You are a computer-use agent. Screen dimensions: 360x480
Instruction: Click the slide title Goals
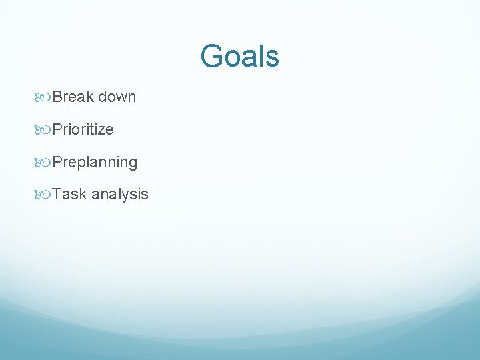239,56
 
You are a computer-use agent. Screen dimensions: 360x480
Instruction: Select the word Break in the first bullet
73,97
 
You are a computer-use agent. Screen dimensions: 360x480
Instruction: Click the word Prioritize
83,129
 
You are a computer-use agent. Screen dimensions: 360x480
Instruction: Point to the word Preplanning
95,162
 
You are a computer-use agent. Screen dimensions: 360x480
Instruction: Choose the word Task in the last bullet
69,194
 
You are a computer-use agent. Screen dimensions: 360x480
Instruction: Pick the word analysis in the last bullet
120,195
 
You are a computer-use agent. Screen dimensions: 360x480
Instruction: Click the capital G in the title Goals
211,56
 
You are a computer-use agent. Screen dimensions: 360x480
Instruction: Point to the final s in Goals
273,59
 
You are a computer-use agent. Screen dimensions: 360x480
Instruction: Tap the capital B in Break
57,97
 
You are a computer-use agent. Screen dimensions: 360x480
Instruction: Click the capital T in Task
57,194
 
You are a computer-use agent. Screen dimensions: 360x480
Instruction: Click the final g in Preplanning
133,165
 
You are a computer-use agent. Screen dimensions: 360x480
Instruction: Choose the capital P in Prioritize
57,129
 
